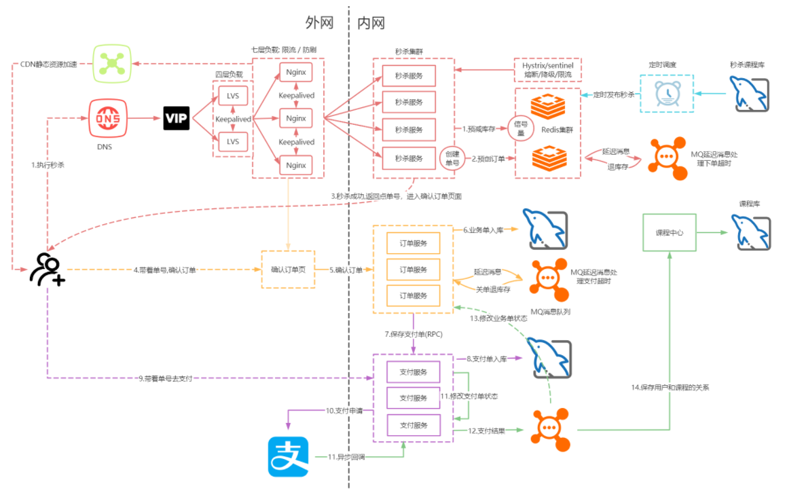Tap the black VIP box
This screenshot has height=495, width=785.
pos(177,118)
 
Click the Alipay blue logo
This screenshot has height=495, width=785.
pos(288,456)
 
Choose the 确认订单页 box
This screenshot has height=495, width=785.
pos(288,270)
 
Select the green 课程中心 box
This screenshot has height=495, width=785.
pos(669,232)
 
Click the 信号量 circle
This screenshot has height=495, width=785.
pos(522,128)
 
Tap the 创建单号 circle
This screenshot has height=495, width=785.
pos(453,158)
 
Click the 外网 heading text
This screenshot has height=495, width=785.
pos(319,22)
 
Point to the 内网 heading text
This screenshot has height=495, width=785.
pos(371,22)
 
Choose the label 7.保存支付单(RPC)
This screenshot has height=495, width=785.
pos(414,334)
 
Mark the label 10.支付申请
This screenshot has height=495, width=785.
pos(344,410)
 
